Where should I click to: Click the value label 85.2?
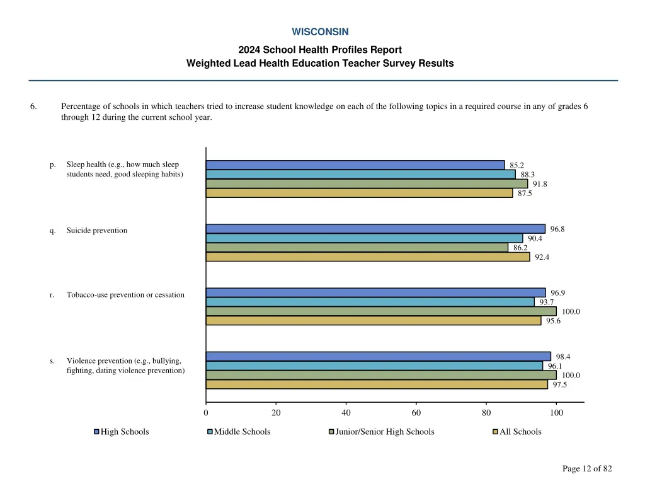[x=517, y=166]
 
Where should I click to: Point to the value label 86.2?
[x=520, y=248]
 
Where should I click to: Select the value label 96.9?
[x=558, y=293]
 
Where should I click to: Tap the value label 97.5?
[x=560, y=385]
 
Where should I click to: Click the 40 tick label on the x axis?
[x=346, y=413]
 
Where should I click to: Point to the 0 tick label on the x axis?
[x=206, y=413]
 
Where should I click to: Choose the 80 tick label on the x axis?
[x=486, y=413]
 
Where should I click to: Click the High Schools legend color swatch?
[x=96, y=432]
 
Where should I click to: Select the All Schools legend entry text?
[x=520, y=432]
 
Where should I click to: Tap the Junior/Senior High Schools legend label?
[x=385, y=432]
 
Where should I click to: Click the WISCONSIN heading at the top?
[x=320, y=32]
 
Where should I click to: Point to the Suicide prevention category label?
[x=97, y=231]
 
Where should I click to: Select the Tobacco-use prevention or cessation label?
[x=125, y=295]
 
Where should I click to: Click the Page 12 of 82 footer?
[x=587, y=468]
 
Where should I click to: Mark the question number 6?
[x=33, y=107]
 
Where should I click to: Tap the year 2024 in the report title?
[x=249, y=50]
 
